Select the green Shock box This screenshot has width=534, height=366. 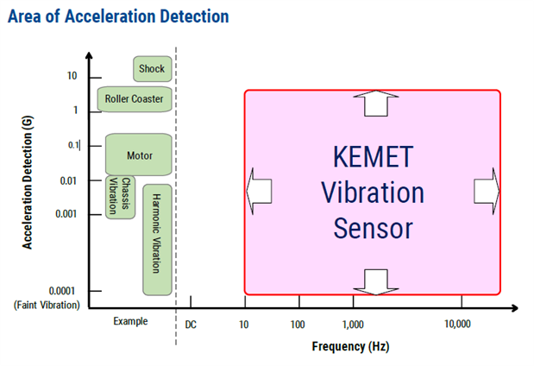151,68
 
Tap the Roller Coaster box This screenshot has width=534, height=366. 134,98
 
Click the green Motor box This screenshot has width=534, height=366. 139,155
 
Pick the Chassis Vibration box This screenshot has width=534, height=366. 120,196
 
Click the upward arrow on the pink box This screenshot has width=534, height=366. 373,104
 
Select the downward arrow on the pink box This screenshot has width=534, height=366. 373,281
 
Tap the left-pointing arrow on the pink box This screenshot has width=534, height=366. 260,189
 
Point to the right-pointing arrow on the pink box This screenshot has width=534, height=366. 486,189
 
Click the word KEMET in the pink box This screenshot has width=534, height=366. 373,157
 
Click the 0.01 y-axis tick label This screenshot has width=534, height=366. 70,180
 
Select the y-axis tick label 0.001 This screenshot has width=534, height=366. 66,214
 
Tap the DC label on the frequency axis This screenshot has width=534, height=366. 192,325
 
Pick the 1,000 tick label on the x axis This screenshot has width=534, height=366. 354,325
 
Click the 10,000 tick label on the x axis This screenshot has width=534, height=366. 457,325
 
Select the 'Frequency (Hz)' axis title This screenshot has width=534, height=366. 350,347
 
